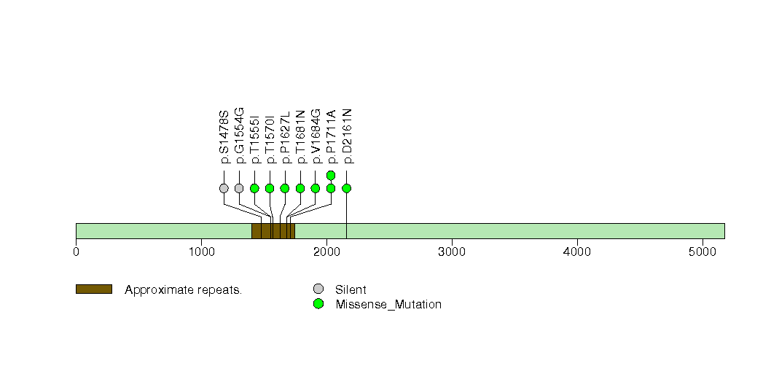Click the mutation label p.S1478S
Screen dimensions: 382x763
[x=224, y=137]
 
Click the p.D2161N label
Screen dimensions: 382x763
[x=347, y=136]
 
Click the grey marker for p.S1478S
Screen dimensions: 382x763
[x=224, y=188]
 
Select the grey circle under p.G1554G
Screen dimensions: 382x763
[x=239, y=188]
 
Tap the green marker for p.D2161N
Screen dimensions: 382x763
[x=346, y=188]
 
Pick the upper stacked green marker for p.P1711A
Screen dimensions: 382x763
[x=331, y=175]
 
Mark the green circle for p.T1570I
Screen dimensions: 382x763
[x=270, y=188]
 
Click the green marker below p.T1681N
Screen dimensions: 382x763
[x=300, y=188]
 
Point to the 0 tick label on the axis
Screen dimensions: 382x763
[x=76, y=252]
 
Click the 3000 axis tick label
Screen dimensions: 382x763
[x=452, y=252]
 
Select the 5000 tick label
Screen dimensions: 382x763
[x=703, y=252]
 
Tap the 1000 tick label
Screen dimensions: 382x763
[x=201, y=252]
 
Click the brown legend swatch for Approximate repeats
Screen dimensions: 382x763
[x=93, y=289]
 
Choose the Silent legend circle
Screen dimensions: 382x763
[x=318, y=289]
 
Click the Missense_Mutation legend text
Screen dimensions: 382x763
[x=388, y=305]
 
